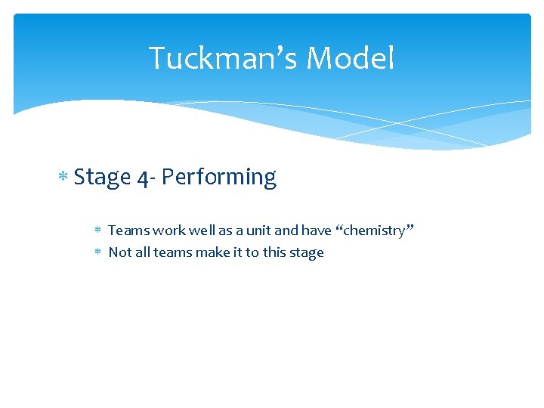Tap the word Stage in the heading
pos(103,178)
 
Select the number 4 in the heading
pos(144,178)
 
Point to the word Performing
pos(219,178)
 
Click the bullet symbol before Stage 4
pos(64,178)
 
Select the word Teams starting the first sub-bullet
pos(127,230)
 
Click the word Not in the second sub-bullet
pos(119,252)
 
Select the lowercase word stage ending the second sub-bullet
pos(306,253)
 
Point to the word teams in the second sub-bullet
pos(172,252)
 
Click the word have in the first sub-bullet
pos(316,230)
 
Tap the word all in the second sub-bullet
pos(142,252)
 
